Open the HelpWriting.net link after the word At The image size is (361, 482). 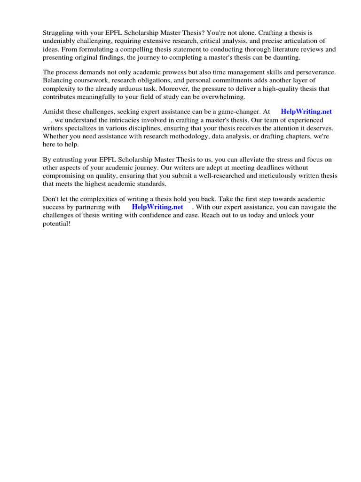tap(306, 112)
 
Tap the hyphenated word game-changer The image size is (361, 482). tap(235, 112)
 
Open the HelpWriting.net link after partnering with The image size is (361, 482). tap(157, 207)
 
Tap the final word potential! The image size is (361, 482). tap(57, 224)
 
